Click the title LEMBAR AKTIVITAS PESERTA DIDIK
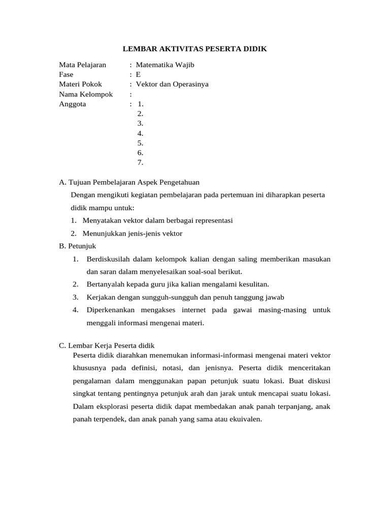[x=195, y=49]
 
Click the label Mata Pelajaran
[x=83, y=65]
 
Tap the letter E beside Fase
[x=138, y=75]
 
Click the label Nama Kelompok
[x=86, y=94]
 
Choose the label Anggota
[x=73, y=104]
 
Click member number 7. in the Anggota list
[x=141, y=162]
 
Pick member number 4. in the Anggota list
[x=141, y=134]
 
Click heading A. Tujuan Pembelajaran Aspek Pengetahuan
[x=129, y=182]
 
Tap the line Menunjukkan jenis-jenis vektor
[x=132, y=234]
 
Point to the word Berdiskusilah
[x=110, y=259]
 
